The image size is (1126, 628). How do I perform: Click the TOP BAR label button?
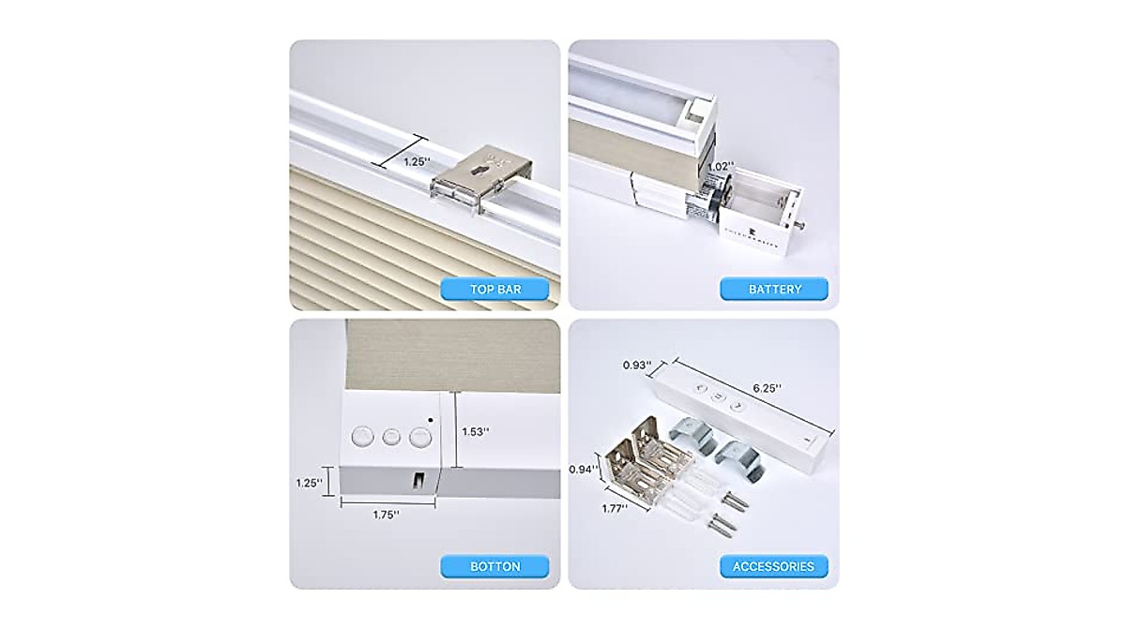(x=495, y=289)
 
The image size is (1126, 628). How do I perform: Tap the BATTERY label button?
(x=774, y=289)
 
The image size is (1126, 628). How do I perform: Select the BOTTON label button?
(x=495, y=566)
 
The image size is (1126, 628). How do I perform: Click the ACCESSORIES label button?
(x=774, y=566)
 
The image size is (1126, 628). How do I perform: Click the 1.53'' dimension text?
(x=475, y=431)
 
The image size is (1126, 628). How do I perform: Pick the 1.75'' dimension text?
(x=383, y=514)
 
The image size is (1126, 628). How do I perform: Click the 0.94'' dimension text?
(x=586, y=469)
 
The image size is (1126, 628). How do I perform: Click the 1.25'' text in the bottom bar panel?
(x=308, y=482)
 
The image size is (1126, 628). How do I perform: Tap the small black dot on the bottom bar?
(x=429, y=419)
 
